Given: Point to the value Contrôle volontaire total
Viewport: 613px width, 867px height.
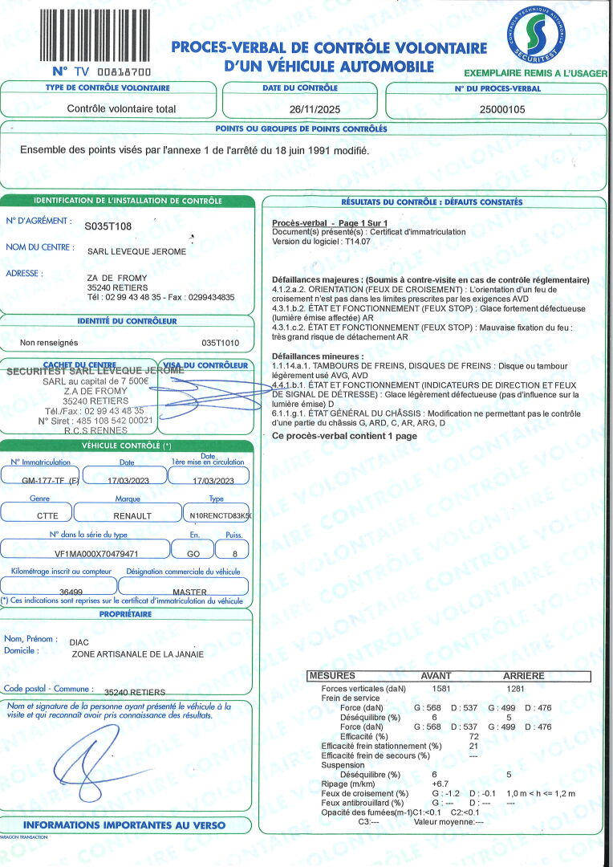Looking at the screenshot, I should pos(121,108).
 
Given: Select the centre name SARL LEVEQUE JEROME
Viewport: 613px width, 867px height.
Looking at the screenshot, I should pos(136,251).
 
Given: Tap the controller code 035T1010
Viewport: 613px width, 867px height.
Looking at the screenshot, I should pos(221,343).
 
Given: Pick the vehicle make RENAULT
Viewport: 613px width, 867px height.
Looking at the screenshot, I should pos(132,516).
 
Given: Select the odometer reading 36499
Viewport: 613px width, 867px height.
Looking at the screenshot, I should pos(72,592).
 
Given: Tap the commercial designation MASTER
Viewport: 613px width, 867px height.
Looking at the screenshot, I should pos(190,592).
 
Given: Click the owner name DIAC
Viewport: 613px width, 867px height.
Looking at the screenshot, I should pos(81,642).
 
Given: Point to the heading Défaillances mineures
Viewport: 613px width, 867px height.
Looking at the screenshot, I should pos(318,356).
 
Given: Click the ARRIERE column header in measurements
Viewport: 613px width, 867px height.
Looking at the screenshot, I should pos(523,676).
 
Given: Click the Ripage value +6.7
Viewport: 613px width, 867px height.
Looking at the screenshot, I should pos(440,784).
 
